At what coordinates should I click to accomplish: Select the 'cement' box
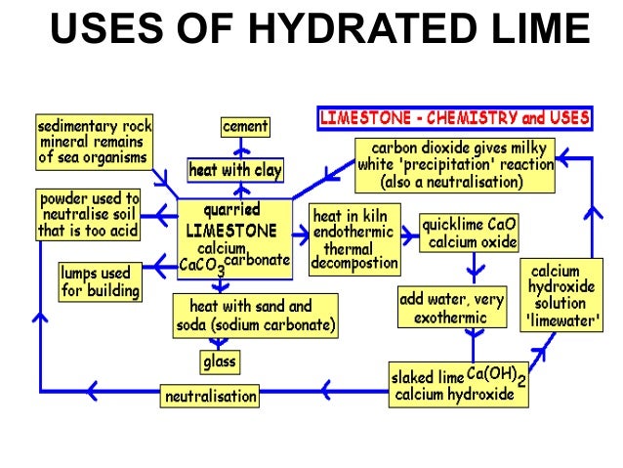(244, 127)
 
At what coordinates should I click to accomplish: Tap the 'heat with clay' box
(234, 170)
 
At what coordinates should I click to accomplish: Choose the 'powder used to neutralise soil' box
(88, 214)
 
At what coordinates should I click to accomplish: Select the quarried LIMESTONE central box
(234, 234)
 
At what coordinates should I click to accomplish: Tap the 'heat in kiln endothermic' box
(354, 237)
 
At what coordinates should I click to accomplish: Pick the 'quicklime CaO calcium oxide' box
(469, 233)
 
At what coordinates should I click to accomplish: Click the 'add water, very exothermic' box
(451, 308)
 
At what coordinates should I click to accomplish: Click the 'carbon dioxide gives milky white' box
(455, 164)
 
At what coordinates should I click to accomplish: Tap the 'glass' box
(219, 362)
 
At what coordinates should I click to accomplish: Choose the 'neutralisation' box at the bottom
(211, 397)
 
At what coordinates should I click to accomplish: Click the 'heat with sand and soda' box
(256, 315)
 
